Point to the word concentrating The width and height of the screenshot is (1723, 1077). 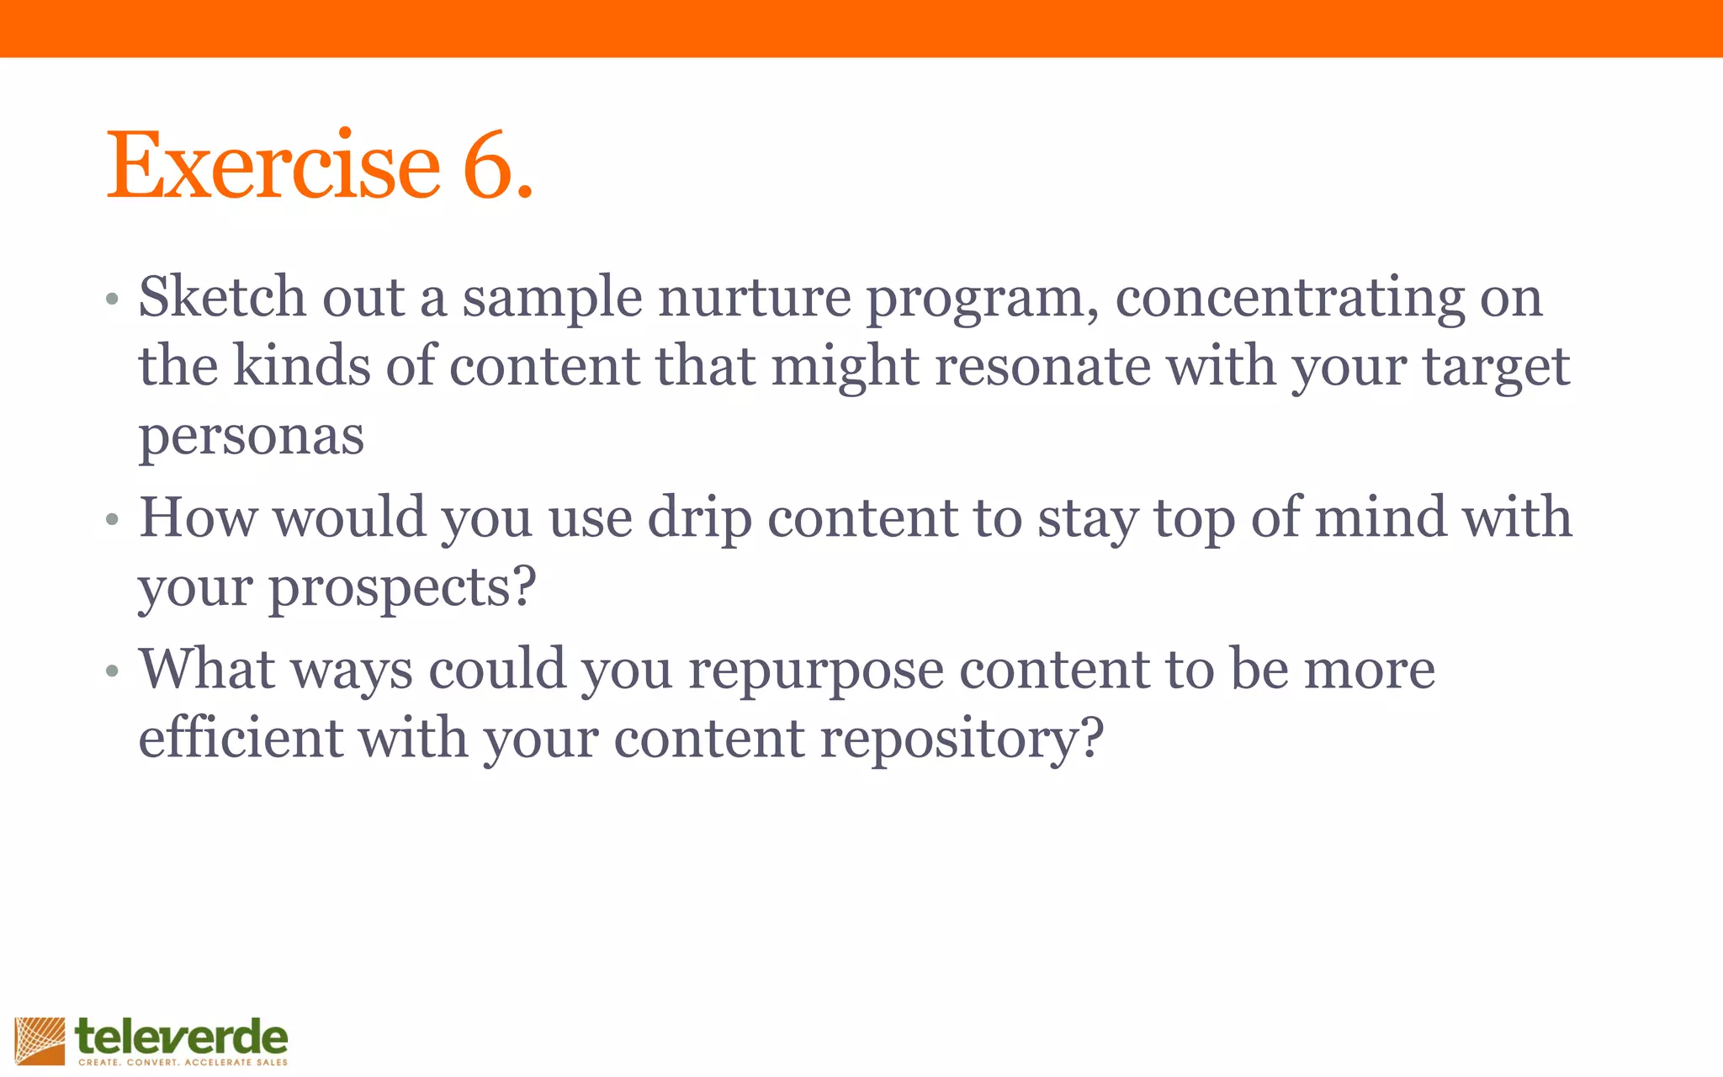(x=1290, y=300)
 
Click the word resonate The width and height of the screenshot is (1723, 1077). (x=1042, y=367)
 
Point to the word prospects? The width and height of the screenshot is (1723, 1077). (x=402, y=588)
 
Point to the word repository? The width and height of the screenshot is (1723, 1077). (x=962, y=740)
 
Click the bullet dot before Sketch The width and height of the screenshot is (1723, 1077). (x=113, y=300)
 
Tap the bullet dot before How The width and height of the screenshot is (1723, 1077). (x=113, y=520)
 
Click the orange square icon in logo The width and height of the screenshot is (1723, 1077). (x=40, y=1041)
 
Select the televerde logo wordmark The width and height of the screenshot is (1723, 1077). (x=181, y=1037)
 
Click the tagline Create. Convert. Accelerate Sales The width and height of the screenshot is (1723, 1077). (x=183, y=1063)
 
